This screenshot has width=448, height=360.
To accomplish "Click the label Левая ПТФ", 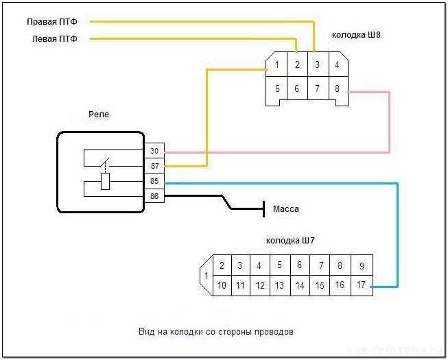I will point(54,39).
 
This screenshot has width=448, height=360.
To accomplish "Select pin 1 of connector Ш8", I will point(276,65).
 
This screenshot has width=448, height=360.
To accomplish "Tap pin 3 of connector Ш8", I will point(317,65).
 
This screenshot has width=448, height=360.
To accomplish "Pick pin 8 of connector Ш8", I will point(337,88).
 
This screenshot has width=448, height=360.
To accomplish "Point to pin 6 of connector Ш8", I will point(296,88).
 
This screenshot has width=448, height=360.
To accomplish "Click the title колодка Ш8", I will point(356,34).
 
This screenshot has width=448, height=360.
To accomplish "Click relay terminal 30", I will point(154,151).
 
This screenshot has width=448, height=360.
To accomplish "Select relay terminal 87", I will point(154,166).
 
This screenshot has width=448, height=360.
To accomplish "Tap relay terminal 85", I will point(154,182).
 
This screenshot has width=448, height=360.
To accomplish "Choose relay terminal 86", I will point(154,197).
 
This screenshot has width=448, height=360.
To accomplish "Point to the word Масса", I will point(286,209).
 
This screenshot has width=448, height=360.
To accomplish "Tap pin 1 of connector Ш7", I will point(205,276).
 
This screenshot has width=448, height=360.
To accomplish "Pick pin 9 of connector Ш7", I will point(361,266).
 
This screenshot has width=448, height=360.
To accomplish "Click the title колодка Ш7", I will point(290,241).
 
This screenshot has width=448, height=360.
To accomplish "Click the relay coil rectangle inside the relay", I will point(106,182).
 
